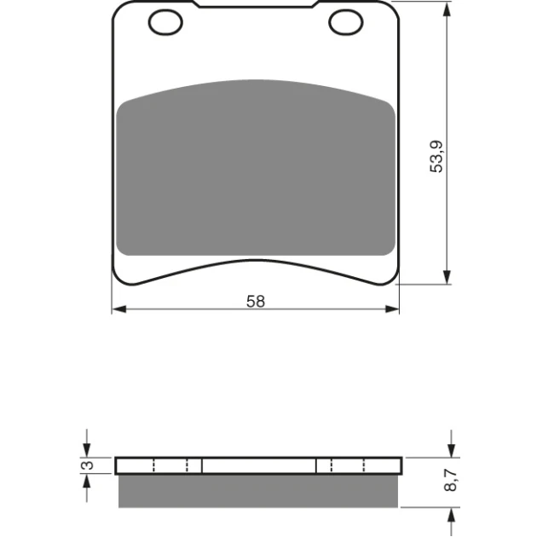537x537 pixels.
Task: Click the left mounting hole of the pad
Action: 165,22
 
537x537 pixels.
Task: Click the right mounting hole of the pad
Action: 346,22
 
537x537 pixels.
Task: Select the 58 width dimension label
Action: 256,302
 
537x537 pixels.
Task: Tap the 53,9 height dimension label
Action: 436,157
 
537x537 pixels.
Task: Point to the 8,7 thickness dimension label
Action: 450,480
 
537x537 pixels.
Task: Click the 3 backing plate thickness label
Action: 88,465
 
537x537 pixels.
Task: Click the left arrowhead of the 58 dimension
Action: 119,309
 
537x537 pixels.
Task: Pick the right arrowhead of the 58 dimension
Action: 392,309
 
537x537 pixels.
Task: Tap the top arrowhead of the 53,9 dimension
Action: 447,9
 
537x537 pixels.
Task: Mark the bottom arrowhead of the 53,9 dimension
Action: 447,277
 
